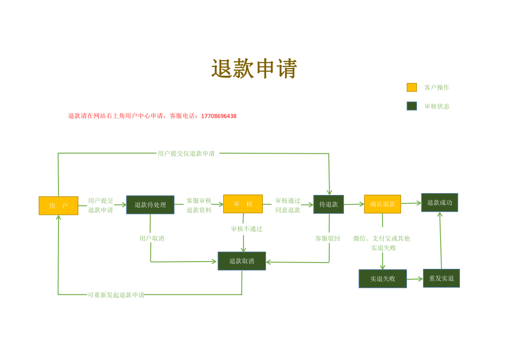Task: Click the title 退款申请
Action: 254,68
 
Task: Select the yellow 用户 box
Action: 58,205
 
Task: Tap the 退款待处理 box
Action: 150,205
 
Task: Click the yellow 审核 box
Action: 243,204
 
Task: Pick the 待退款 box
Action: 329,204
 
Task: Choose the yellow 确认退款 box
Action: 383,204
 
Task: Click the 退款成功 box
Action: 440,203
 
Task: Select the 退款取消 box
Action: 242,261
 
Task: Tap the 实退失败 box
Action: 383,278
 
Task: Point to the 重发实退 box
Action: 441,278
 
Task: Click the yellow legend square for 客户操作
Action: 412,88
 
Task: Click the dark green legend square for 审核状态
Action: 412,106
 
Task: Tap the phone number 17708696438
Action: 219,116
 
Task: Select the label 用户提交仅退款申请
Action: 186,154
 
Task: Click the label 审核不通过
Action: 247,229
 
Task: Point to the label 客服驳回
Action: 328,238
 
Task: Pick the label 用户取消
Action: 151,238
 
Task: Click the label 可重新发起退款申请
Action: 116,295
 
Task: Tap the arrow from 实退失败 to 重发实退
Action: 415,279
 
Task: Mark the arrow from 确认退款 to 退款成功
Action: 411,203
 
